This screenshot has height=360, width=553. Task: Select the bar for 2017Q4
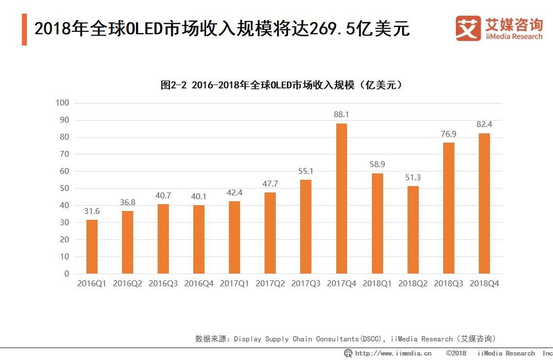pos(341,198)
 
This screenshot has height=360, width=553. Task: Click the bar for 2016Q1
pos(92,247)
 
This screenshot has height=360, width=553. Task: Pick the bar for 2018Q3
pos(449,208)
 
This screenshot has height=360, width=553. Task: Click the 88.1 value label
pos(341,114)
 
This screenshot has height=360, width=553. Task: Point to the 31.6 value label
pos(92,211)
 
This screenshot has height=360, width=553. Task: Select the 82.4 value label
pos(484,124)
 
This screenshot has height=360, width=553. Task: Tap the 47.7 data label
pos(270,184)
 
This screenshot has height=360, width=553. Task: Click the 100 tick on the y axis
pos(63,103)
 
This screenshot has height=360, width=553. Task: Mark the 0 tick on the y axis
pos(67,274)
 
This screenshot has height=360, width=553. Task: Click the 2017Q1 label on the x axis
pos(234,283)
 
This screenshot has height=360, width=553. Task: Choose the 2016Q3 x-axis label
pos(163,283)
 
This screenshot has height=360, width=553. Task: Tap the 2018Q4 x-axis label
pos(484,283)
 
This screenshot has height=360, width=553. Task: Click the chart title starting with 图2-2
pos(282,85)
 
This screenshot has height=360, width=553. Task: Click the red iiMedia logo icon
pos(468,28)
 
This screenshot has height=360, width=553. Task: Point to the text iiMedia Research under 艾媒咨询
pos(513,37)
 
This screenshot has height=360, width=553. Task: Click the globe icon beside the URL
pos(348,353)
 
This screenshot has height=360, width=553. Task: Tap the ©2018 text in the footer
pos(456,353)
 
